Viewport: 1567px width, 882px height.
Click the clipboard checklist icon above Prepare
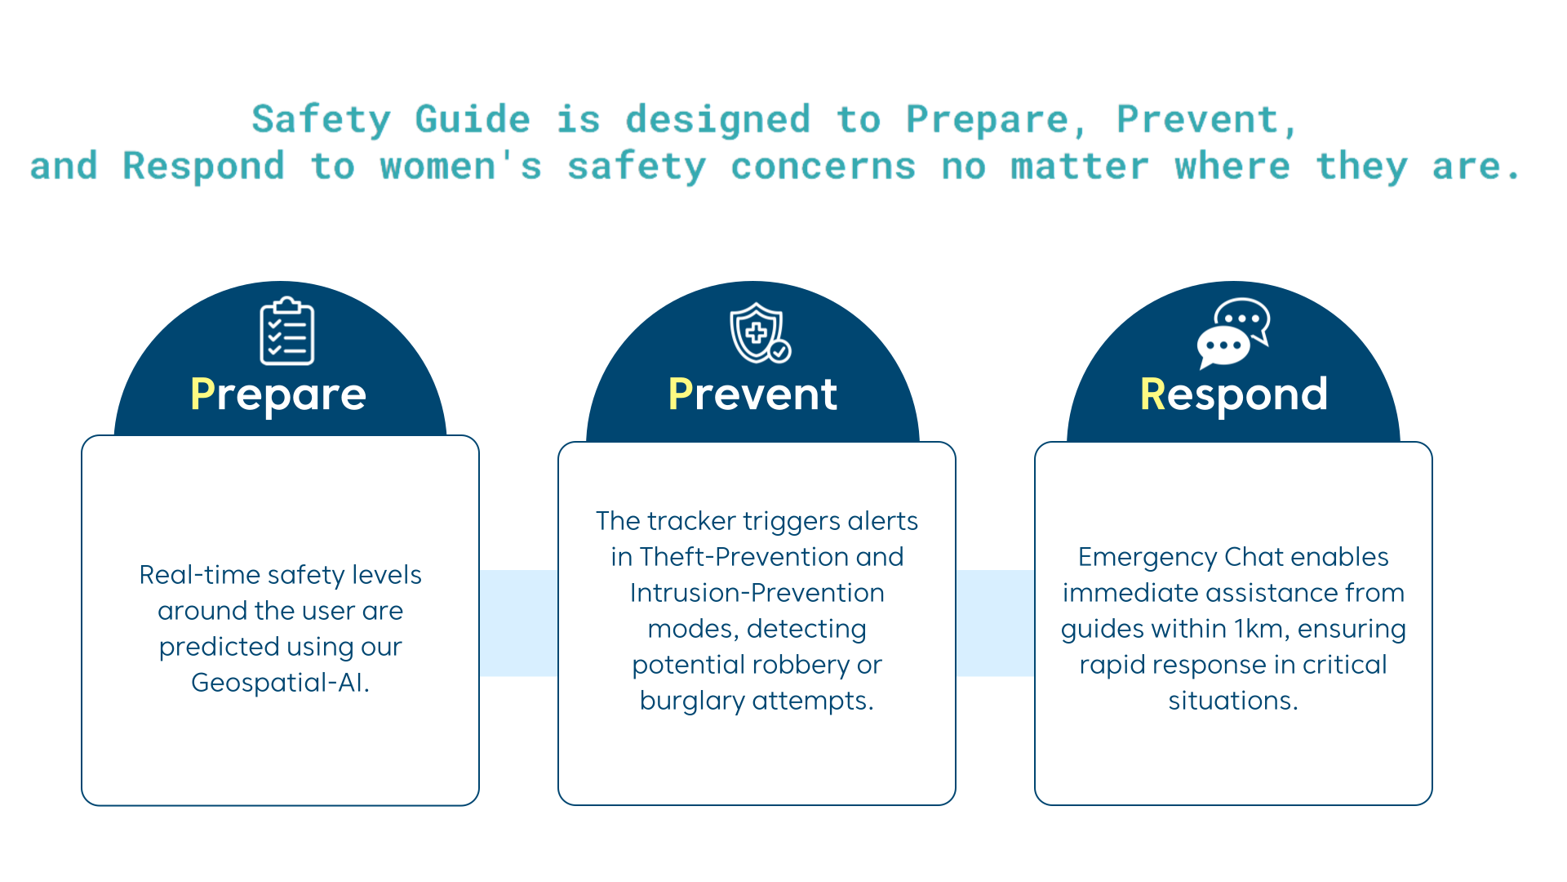point(287,331)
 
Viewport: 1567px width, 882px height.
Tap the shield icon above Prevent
point(760,333)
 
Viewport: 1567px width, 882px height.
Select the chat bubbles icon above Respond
point(1233,333)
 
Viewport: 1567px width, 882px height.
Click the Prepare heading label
point(278,394)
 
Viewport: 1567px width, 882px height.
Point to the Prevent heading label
point(752,394)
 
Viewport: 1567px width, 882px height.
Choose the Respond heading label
point(1234,394)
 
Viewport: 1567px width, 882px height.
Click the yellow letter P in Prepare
point(202,394)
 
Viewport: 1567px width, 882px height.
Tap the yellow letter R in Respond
point(1152,394)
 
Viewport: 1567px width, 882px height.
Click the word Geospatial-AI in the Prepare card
point(280,683)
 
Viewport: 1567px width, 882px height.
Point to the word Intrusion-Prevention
point(757,593)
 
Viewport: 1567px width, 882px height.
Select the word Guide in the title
point(473,119)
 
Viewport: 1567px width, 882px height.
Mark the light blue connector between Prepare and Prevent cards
point(519,623)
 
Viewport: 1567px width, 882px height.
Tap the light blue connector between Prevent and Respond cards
point(996,623)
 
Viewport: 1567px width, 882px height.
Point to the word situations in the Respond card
point(1233,701)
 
